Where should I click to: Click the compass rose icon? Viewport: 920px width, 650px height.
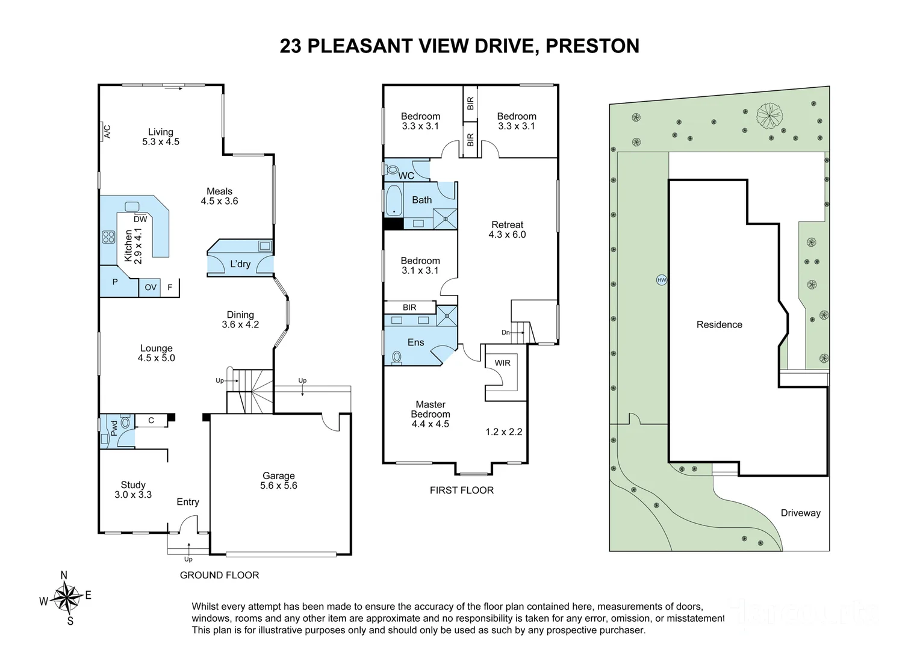pyautogui.click(x=66, y=598)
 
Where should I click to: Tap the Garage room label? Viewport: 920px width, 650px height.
pyautogui.click(x=278, y=480)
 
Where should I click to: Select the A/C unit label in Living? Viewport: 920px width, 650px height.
pyautogui.click(x=107, y=131)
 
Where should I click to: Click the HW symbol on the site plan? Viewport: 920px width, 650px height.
pyautogui.click(x=662, y=280)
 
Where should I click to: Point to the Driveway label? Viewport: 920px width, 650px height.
pyautogui.click(x=800, y=513)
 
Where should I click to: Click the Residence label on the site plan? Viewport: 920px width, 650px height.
pyautogui.click(x=719, y=324)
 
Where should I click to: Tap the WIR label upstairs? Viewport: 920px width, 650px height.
pyautogui.click(x=502, y=363)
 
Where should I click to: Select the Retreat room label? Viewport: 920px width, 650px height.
pyautogui.click(x=507, y=229)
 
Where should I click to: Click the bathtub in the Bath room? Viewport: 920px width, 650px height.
pyautogui.click(x=393, y=200)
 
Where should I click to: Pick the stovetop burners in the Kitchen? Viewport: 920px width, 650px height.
pyautogui.click(x=108, y=237)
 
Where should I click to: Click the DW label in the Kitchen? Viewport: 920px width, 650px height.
pyautogui.click(x=140, y=219)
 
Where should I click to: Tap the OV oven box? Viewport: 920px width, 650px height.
pyautogui.click(x=151, y=288)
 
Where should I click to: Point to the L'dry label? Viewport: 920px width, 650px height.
pyautogui.click(x=240, y=264)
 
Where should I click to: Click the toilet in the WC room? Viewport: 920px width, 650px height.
pyautogui.click(x=391, y=169)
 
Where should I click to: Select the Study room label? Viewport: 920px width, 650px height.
pyautogui.click(x=133, y=489)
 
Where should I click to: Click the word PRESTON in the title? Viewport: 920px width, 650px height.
pyautogui.click(x=592, y=46)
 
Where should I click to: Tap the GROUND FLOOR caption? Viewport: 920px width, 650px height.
pyautogui.click(x=219, y=575)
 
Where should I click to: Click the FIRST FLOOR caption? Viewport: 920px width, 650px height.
pyautogui.click(x=461, y=490)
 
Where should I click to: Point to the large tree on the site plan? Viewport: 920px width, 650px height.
pyautogui.click(x=769, y=116)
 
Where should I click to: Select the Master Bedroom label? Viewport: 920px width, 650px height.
pyautogui.click(x=430, y=414)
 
